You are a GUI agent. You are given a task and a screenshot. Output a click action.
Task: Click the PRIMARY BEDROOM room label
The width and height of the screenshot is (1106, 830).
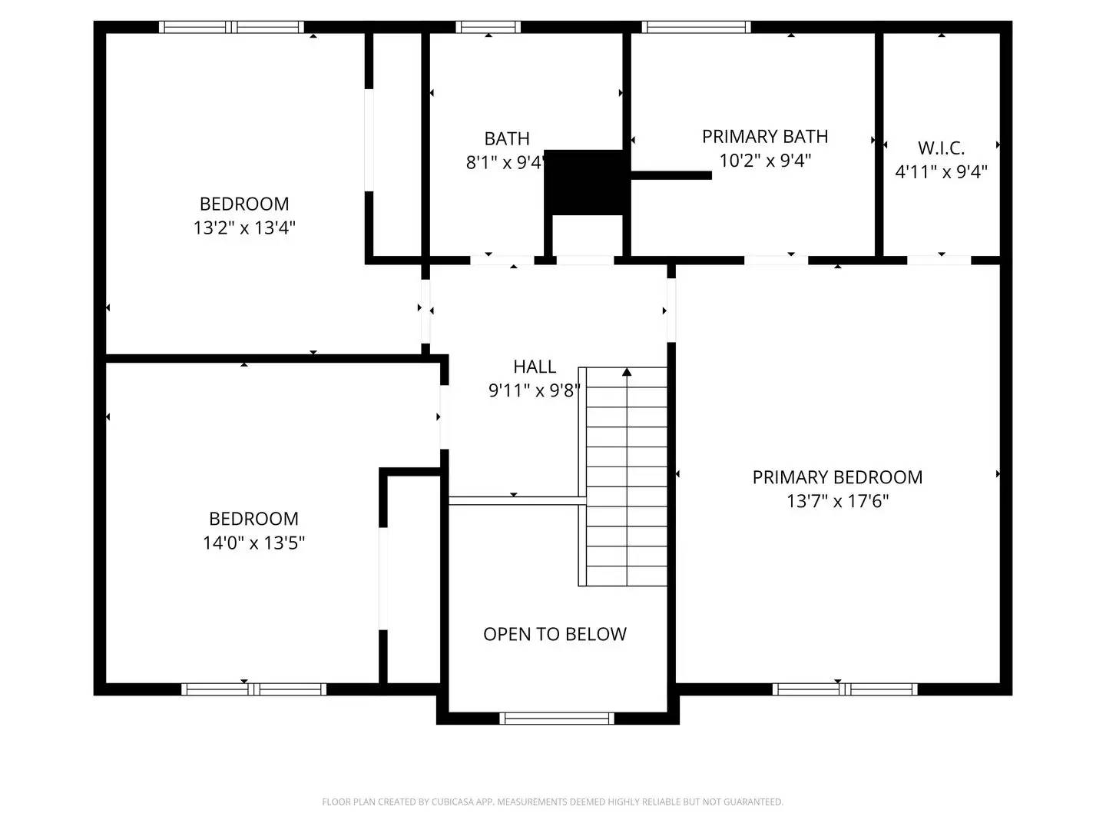tap(837, 477)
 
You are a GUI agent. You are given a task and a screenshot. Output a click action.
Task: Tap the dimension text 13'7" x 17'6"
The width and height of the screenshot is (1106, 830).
tap(837, 501)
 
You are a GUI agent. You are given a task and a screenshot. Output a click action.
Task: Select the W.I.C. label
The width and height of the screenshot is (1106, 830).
tap(941, 148)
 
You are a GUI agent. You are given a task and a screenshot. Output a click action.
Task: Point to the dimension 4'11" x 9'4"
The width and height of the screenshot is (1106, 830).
tap(941, 171)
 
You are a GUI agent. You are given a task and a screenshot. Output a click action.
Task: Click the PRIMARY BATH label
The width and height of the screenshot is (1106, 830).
tap(765, 137)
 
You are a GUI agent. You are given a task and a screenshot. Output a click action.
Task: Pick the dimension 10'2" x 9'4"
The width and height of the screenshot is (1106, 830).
tap(765, 161)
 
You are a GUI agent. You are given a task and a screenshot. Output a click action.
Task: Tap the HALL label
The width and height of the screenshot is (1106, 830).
tap(535, 367)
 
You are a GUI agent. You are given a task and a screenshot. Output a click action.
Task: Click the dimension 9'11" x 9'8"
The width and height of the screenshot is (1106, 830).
tap(535, 390)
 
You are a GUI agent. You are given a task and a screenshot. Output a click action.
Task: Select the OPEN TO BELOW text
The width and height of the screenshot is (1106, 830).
tap(555, 634)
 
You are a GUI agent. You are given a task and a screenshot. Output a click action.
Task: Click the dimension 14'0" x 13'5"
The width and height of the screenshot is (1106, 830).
tap(253, 543)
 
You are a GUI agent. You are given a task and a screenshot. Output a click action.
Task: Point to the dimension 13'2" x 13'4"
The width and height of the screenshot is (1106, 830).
tap(244, 227)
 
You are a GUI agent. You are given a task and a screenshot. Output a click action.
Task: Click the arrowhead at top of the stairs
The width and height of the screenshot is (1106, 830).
tap(627, 373)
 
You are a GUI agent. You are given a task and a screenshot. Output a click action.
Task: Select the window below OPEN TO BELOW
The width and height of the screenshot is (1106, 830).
tap(557, 719)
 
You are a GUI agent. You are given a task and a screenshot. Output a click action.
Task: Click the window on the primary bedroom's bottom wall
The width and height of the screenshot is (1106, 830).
tap(845, 689)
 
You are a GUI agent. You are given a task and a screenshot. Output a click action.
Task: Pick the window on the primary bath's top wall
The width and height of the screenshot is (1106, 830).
tap(696, 27)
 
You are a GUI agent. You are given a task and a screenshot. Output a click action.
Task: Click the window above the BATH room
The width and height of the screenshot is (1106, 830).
tap(488, 27)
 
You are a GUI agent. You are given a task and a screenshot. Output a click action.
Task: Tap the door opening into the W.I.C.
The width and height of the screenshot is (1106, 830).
tap(939, 260)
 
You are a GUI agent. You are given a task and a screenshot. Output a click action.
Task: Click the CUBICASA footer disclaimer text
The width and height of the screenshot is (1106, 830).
tap(552, 802)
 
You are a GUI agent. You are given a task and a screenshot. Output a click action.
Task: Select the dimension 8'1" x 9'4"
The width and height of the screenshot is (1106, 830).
tap(505, 163)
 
